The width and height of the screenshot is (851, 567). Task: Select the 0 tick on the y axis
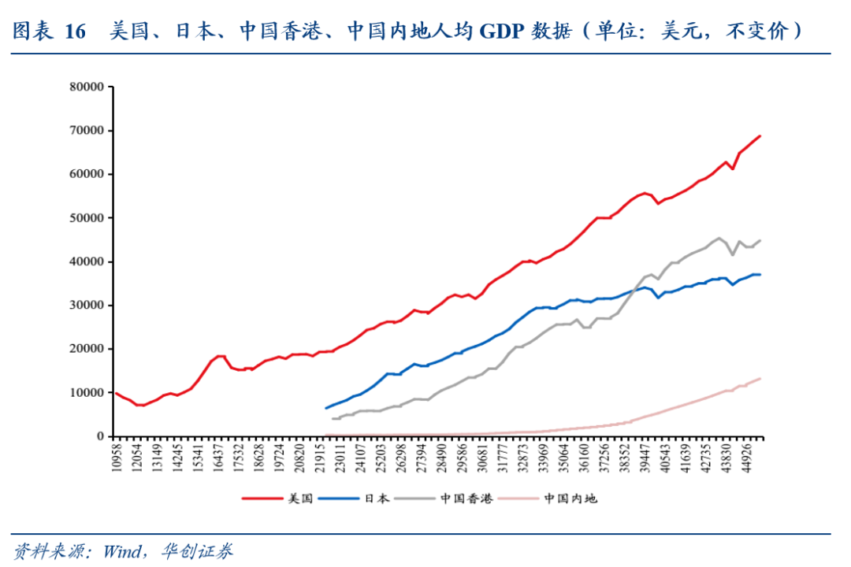click(101, 436)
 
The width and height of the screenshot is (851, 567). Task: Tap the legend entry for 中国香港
click(466, 498)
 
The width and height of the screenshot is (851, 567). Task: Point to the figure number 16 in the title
click(74, 31)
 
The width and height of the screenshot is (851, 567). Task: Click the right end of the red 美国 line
click(760, 136)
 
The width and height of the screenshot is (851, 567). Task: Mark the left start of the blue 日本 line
click(326, 408)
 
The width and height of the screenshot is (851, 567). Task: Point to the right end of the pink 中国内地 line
click(760, 379)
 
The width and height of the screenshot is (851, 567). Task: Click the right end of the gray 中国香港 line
click(760, 241)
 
